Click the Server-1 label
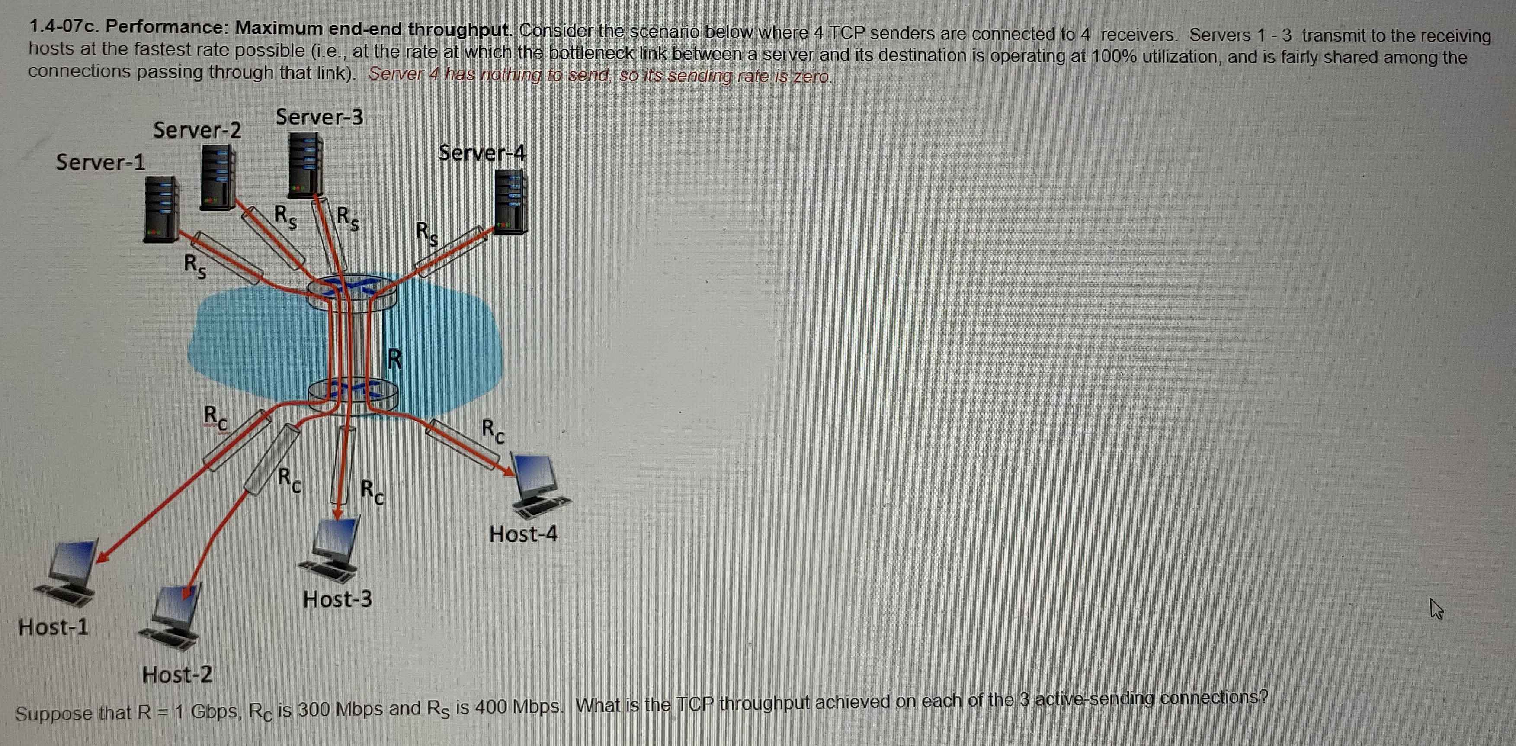pyautogui.click(x=100, y=162)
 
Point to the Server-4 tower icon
pyautogui.click(x=510, y=203)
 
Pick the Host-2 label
pyautogui.click(x=177, y=675)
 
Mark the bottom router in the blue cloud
pyautogui.click(x=353, y=394)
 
